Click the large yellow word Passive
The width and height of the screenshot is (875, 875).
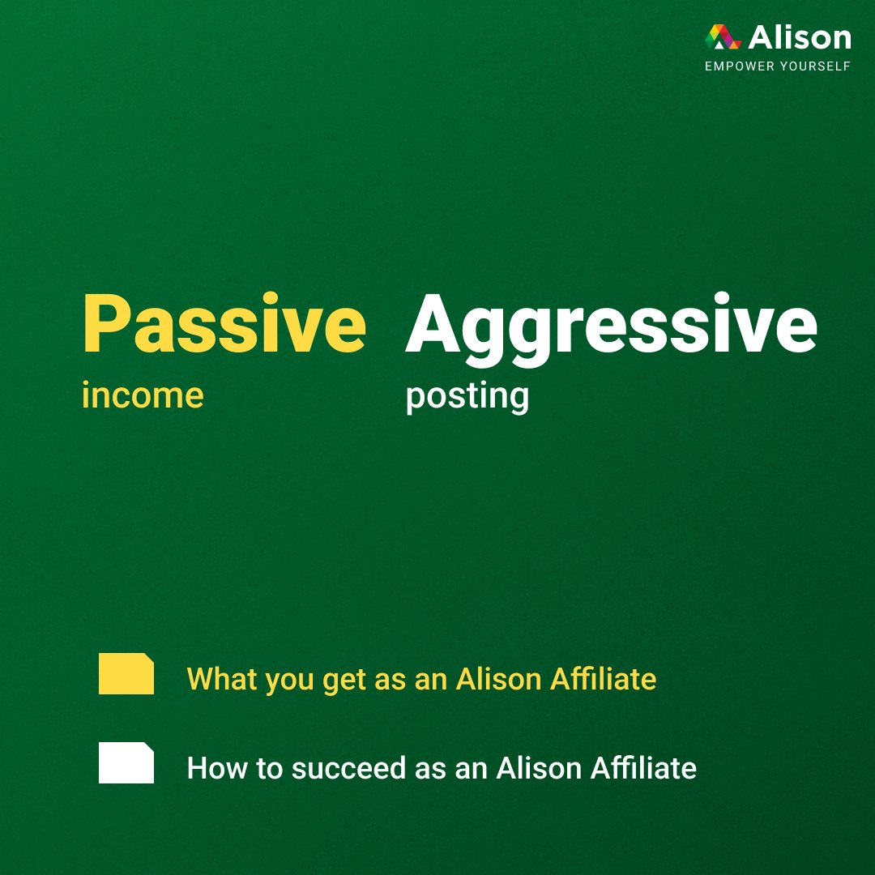[x=224, y=325]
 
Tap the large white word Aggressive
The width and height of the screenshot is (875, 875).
[x=611, y=325]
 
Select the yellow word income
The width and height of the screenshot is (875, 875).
[x=143, y=395]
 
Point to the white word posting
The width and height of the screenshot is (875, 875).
[x=467, y=397]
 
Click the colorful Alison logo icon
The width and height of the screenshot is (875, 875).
[x=723, y=37]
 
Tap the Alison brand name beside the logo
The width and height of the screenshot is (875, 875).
[x=800, y=37]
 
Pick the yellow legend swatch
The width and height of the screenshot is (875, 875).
[x=126, y=673]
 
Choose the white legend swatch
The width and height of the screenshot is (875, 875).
[x=126, y=762]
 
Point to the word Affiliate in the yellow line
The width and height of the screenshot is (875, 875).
[x=604, y=678]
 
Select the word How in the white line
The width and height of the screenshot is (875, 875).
[x=211, y=767]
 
